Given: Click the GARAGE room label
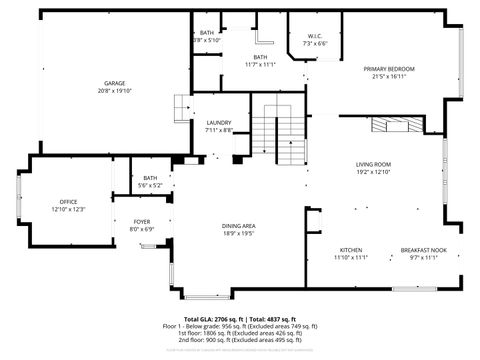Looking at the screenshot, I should point(114,83).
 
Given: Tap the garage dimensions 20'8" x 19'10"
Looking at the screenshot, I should point(114,91).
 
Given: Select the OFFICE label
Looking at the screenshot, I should point(68,201).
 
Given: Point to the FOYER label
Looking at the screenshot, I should point(141,221).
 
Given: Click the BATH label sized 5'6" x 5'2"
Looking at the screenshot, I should point(150,177).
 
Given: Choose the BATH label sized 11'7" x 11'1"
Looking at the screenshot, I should point(260,57).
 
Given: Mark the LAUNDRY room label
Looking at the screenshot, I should point(219,122).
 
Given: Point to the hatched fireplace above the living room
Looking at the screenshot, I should point(396,125).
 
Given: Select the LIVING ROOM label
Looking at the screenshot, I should point(372,164).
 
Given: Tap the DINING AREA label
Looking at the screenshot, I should point(238,225).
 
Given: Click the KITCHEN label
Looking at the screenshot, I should point(350,249).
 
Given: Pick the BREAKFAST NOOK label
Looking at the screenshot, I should point(423,249).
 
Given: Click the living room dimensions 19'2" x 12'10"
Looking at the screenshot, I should point(372,172).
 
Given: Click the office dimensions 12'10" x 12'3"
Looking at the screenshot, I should point(68,209).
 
